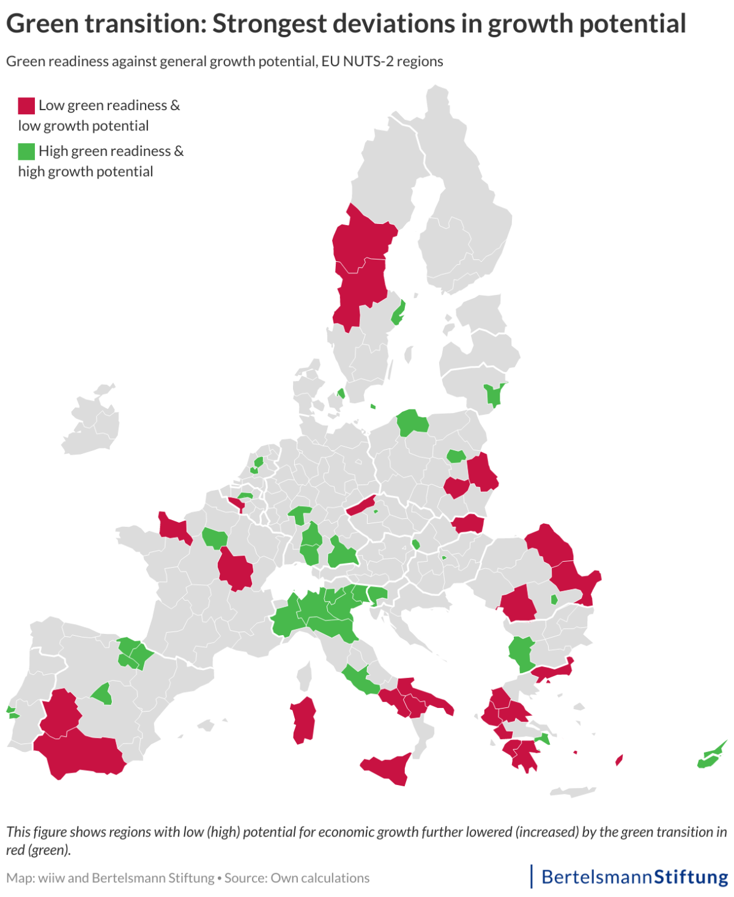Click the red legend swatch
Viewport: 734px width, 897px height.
click(x=26, y=105)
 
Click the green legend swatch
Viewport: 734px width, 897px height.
click(x=26, y=151)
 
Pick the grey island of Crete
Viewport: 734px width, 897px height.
click(x=572, y=792)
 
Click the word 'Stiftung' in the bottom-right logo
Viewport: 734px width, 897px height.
click(x=691, y=877)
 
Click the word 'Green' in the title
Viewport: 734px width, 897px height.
click(x=43, y=24)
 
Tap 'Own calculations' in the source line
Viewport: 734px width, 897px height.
click(x=320, y=878)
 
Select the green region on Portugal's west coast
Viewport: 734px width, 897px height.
click(x=11, y=712)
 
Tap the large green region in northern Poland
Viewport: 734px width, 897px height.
click(x=412, y=422)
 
